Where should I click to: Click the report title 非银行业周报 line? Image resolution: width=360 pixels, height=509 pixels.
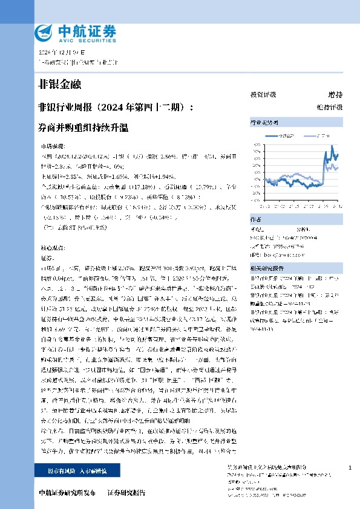coord(116,108)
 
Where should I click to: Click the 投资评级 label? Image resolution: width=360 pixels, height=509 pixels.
coord(263,95)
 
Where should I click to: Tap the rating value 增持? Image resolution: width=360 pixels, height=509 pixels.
coord(335,95)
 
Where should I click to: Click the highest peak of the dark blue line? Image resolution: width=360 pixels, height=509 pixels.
coord(332,147)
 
